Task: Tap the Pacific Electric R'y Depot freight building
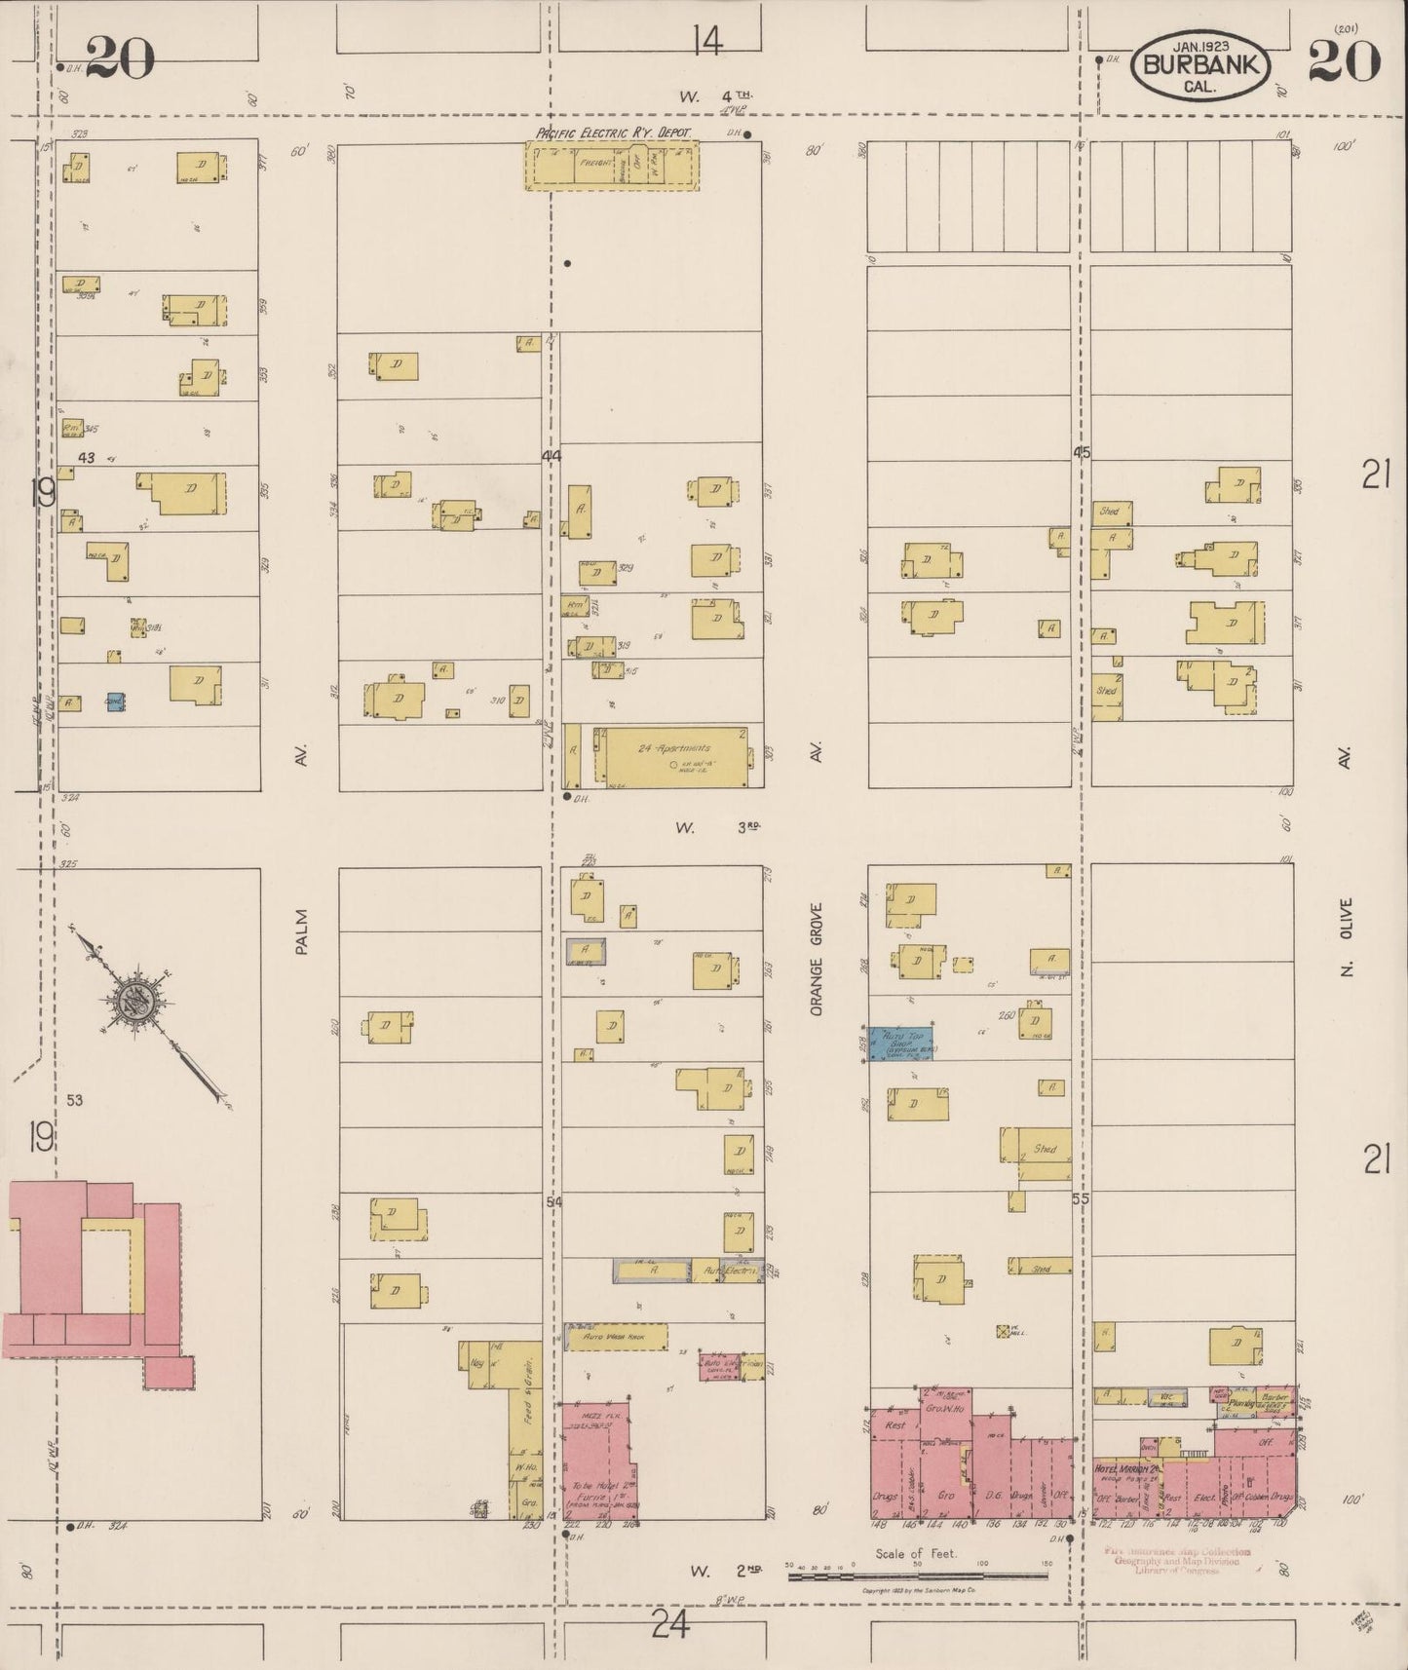pos(611,164)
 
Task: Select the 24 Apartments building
pos(673,756)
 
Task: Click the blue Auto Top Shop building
pos(902,1043)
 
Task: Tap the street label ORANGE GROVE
pos(817,960)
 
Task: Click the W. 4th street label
pos(717,96)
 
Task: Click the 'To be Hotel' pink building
pos(595,1461)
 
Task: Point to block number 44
pos(552,456)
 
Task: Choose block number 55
pos(1080,1199)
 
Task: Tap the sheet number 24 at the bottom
pos(671,1624)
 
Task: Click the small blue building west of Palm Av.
pos(116,702)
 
